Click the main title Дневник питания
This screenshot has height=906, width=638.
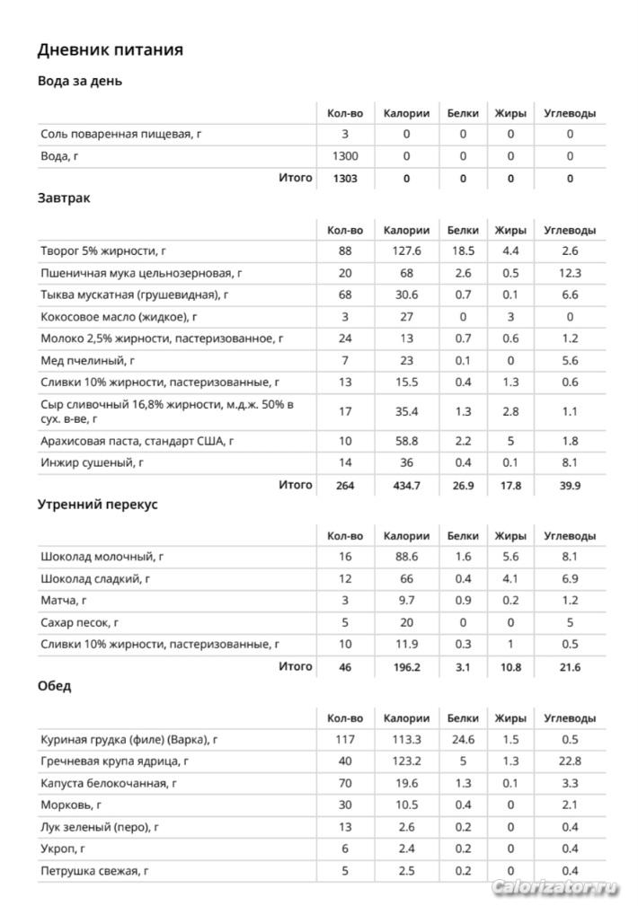click(x=110, y=50)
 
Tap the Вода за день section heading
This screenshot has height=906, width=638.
click(x=80, y=82)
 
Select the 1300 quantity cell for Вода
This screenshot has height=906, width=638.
click(x=345, y=156)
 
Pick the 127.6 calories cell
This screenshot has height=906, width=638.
click(x=406, y=251)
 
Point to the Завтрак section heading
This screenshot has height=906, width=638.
click(x=64, y=198)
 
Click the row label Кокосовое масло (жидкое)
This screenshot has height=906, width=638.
click(x=119, y=317)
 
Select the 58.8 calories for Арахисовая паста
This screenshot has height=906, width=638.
click(x=406, y=441)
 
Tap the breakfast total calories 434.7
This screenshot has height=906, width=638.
click(x=406, y=486)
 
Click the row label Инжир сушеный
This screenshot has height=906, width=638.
click(x=93, y=463)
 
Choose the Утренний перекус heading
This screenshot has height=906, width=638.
click(x=97, y=505)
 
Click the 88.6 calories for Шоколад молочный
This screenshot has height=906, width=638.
click(x=406, y=558)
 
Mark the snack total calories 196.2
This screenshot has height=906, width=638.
click(x=406, y=667)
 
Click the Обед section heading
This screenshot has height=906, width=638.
click(x=55, y=687)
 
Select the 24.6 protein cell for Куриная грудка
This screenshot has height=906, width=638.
click(x=463, y=740)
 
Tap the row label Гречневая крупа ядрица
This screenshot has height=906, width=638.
click(x=115, y=761)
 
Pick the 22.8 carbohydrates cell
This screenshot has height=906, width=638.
click(x=570, y=761)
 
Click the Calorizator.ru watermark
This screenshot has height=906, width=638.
click(x=555, y=888)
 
